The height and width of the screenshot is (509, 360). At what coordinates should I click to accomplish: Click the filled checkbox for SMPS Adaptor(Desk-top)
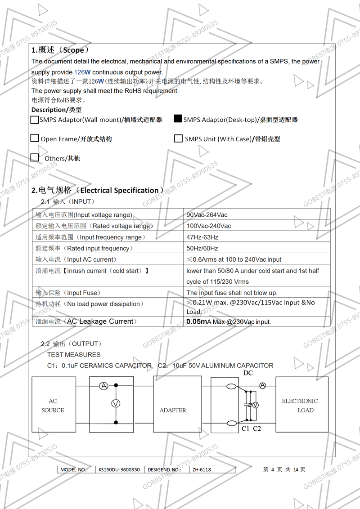pyautogui.click(x=178, y=119)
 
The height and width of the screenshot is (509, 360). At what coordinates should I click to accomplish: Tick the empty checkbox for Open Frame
pyautogui.click(x=35, y=138)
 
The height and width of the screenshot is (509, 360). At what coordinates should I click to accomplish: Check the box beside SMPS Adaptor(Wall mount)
pyautogui.click(x=35, y=120)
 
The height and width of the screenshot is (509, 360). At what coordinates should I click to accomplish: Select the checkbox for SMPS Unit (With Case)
pyautogui.click(x=178, y=138)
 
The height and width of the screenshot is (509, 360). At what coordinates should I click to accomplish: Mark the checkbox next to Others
pyautogui.click(x=35, y=157)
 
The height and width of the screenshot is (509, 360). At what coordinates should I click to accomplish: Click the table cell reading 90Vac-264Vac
pyautogui.click(x=207, y=214)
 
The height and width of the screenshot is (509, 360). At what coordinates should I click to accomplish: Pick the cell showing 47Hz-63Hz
pyautogui.click(x=202, y=237)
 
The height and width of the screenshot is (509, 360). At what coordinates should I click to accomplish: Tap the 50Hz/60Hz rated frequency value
pyautogui.click(x=202, y=248)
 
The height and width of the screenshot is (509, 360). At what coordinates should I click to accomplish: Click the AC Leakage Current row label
pyautogui.click(x=85, y=321)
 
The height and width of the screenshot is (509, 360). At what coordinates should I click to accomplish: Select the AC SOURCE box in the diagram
pyautogui.click(x=54, y=405)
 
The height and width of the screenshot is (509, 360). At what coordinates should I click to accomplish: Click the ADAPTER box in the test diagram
pyautogui.click(x=173, y=410)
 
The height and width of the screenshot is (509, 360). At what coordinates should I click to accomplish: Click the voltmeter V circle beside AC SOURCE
pyautogui.click(x=116, y=403)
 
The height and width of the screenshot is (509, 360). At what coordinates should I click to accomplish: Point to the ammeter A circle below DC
pyautogui.click(x=263, y=385)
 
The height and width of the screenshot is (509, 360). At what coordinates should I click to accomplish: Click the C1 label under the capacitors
pyautogui.click(x=245, y=429)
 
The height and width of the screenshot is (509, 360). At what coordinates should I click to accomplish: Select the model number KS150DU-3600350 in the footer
pyautogui.click(x=119, y=469)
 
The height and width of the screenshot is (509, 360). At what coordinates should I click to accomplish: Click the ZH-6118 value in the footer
pyautogui.click(x=201, y=469)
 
